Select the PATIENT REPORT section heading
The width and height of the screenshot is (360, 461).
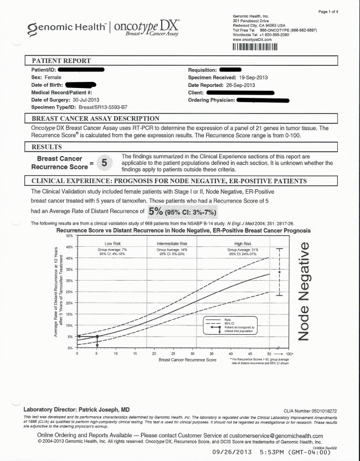tap(61, 60)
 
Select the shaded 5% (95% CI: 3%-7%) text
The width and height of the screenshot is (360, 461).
tap(182, 211)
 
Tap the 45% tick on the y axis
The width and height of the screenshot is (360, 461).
tap(70, 247)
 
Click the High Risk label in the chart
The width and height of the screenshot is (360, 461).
tap(243, 244)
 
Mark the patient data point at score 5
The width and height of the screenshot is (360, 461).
tap(97, 336)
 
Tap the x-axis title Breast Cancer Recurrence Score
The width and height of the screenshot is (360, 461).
tap(187, 360)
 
